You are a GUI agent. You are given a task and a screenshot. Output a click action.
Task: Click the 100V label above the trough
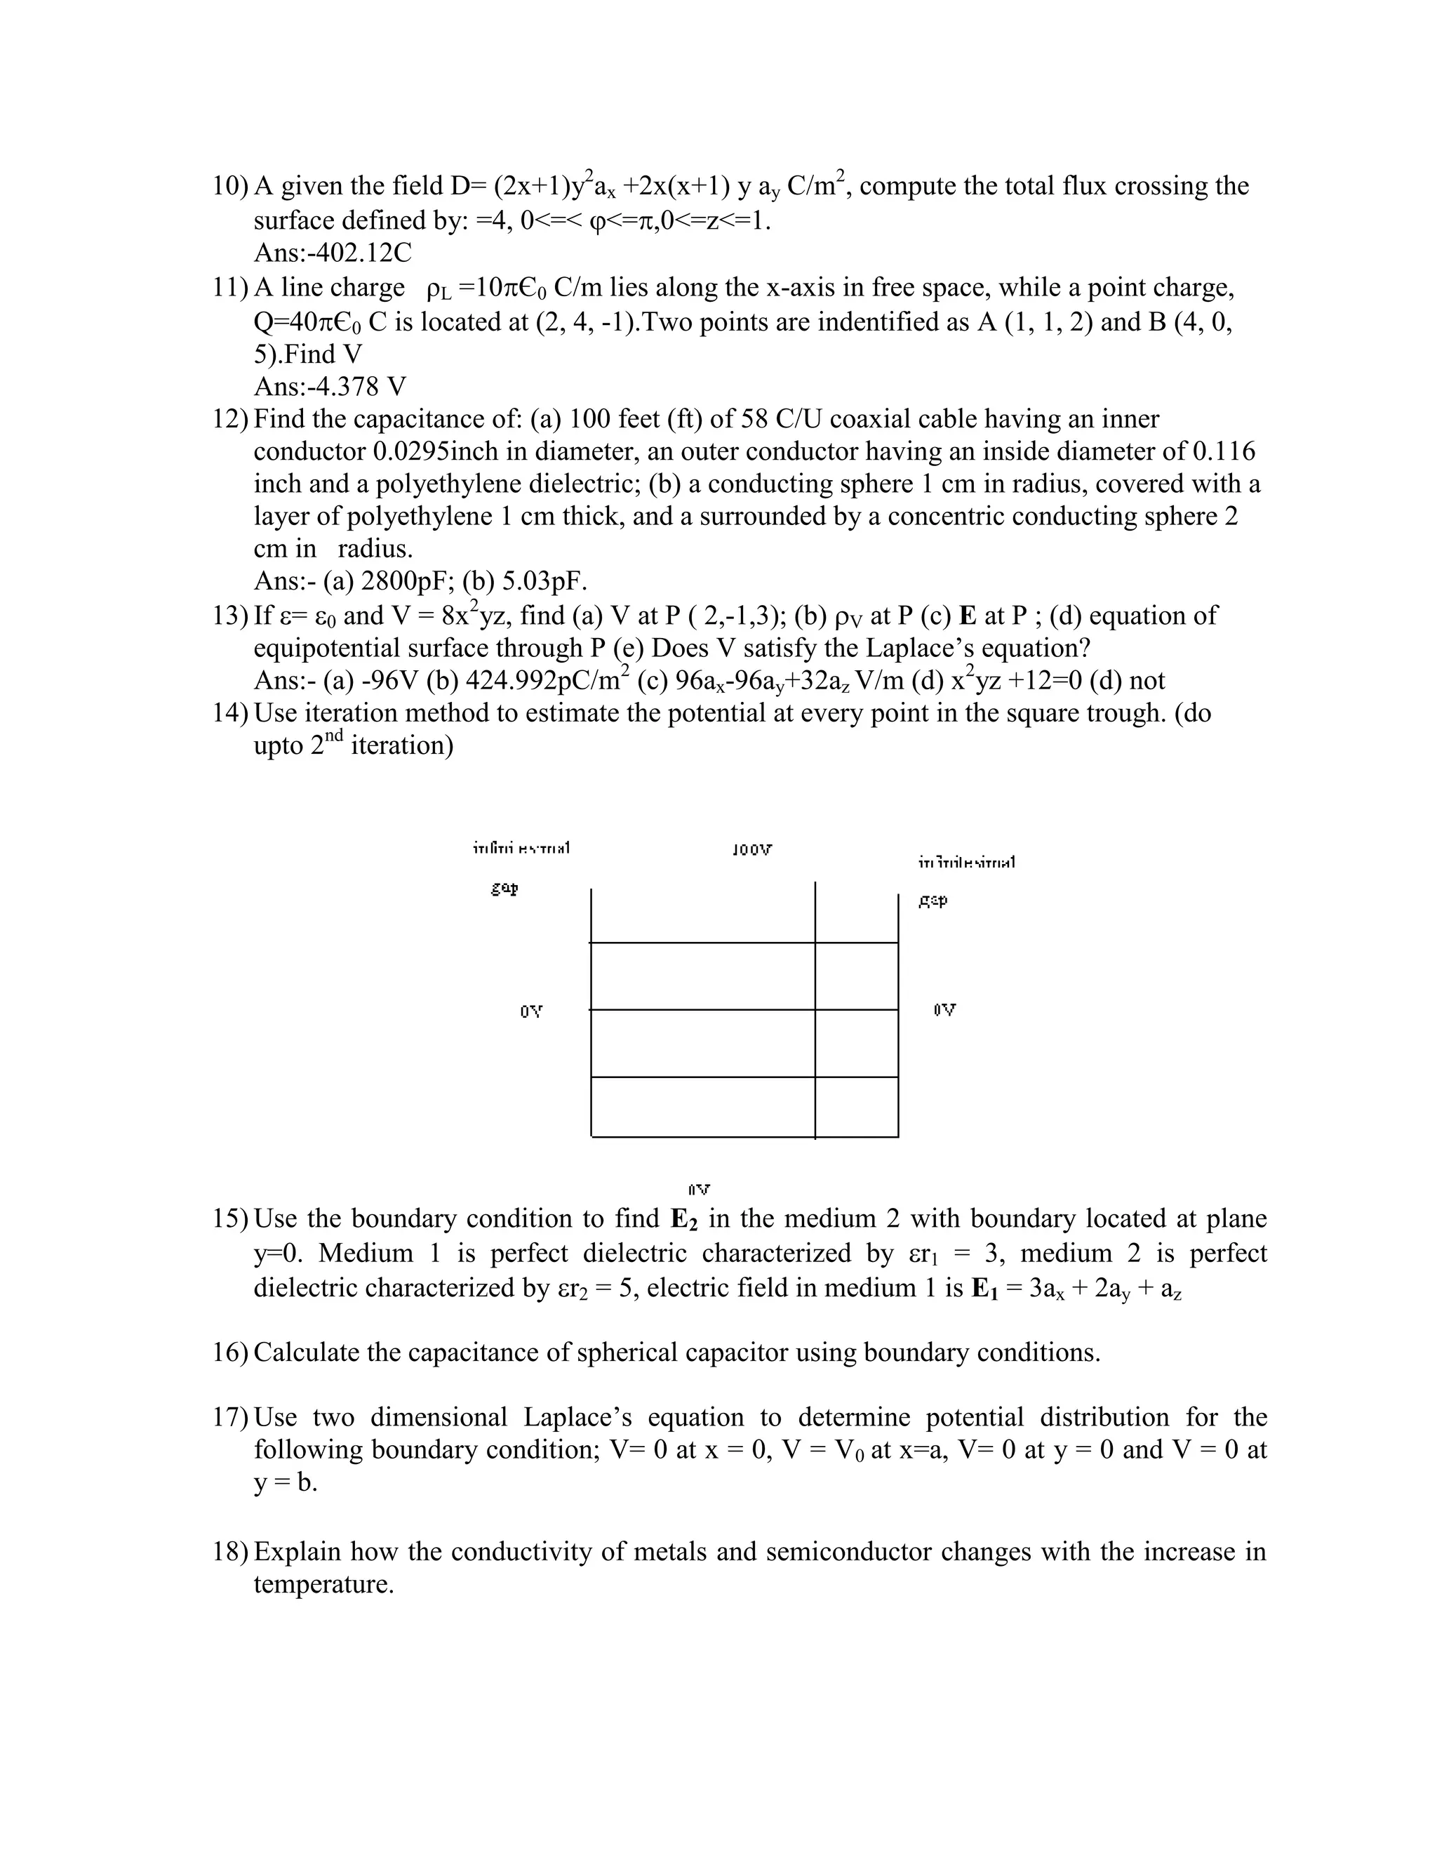click(x=751, y=849)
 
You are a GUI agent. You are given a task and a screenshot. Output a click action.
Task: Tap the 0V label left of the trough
click(x=530, y=1011)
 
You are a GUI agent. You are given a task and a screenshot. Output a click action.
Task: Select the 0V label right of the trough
click(x=944, y=1010)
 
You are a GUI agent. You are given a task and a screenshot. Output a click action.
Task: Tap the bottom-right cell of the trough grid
click(x=857, y=1106)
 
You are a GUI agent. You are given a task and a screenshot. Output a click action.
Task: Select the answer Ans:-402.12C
click(x=332, y=253)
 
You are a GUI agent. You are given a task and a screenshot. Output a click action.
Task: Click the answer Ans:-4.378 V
click(x=330, y=387)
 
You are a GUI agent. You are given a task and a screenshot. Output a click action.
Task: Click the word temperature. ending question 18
click(x=323, y=1584)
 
